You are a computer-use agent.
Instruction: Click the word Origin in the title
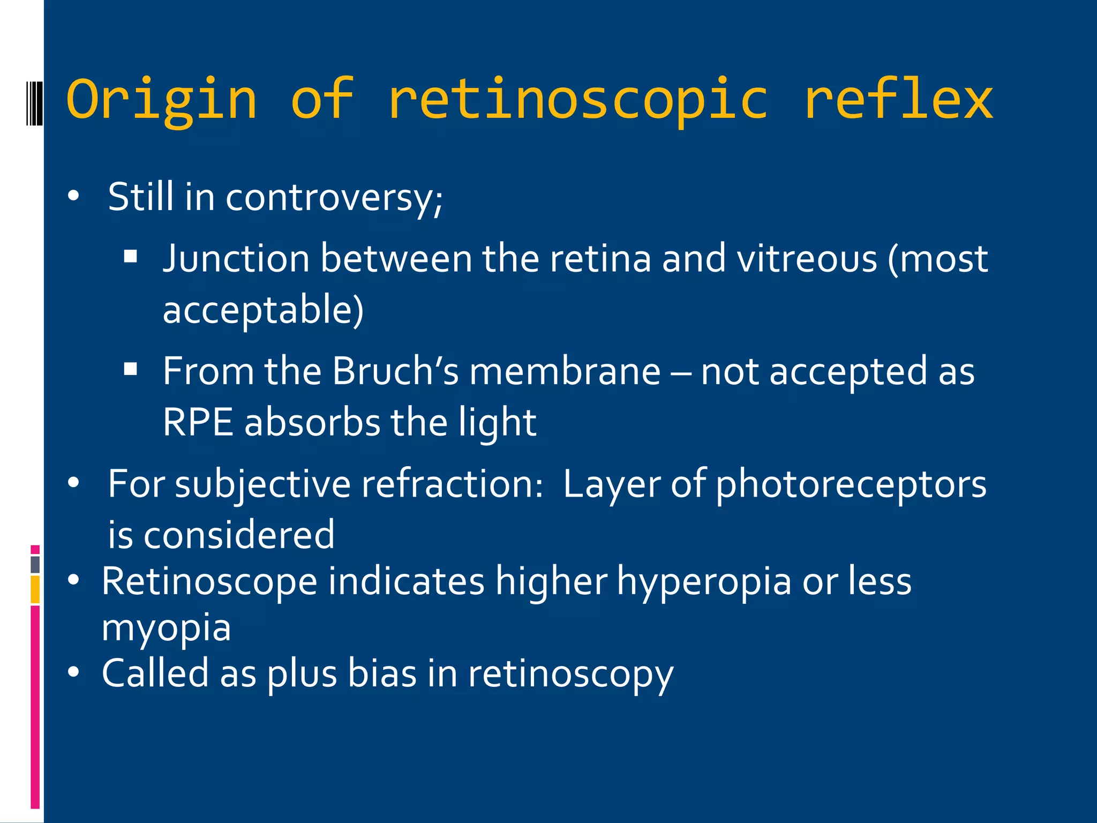pyautogui.click(x=162, y=100)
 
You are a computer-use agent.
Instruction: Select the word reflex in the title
pyautogui.click(x=899, y=100)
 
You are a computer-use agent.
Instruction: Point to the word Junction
pyautogui.click(x=236, y=259)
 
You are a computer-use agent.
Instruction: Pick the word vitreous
pyautogui.click(x=807, y=259)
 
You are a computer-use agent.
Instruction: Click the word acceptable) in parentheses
pyautogui.click(x=263, y=310)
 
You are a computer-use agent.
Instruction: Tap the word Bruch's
pyautogui.click(x=395, y=371)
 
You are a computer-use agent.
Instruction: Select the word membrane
pyautogui.click(x=565, y=371)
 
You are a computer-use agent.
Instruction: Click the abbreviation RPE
pyautogui.click(x=198, y=422)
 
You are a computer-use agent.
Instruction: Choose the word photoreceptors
pyautogui.click(x=851, y=484)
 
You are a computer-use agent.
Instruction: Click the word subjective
pyautogui.click(x=263, y=484)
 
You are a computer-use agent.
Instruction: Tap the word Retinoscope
pyautogui.click(x=209, y=581)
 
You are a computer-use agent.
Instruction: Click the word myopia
pyautogui.click(x=166, y=628)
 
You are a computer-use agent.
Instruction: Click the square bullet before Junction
pyautogui.click(x=131, y=257)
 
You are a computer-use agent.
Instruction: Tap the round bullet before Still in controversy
pyautogui.click(x=74, y=196)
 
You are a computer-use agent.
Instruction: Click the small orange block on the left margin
pyautogui.click(x=35, y=589)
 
